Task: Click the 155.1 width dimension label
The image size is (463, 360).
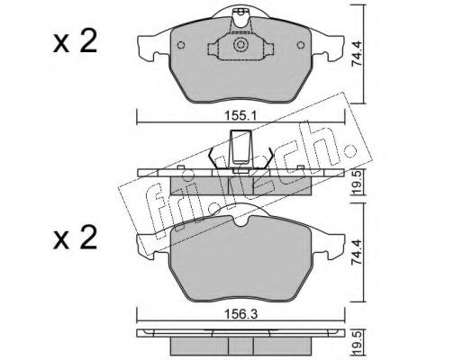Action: (241, 116)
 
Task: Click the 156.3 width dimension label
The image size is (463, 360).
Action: (241, 315)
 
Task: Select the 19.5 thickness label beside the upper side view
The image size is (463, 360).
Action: (358, 183)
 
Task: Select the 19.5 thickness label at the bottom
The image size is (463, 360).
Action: (358, 342)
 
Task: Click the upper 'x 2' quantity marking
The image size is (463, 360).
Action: (75, 42)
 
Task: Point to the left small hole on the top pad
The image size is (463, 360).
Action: (181, 45)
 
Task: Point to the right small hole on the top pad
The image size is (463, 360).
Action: (301, 45)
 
